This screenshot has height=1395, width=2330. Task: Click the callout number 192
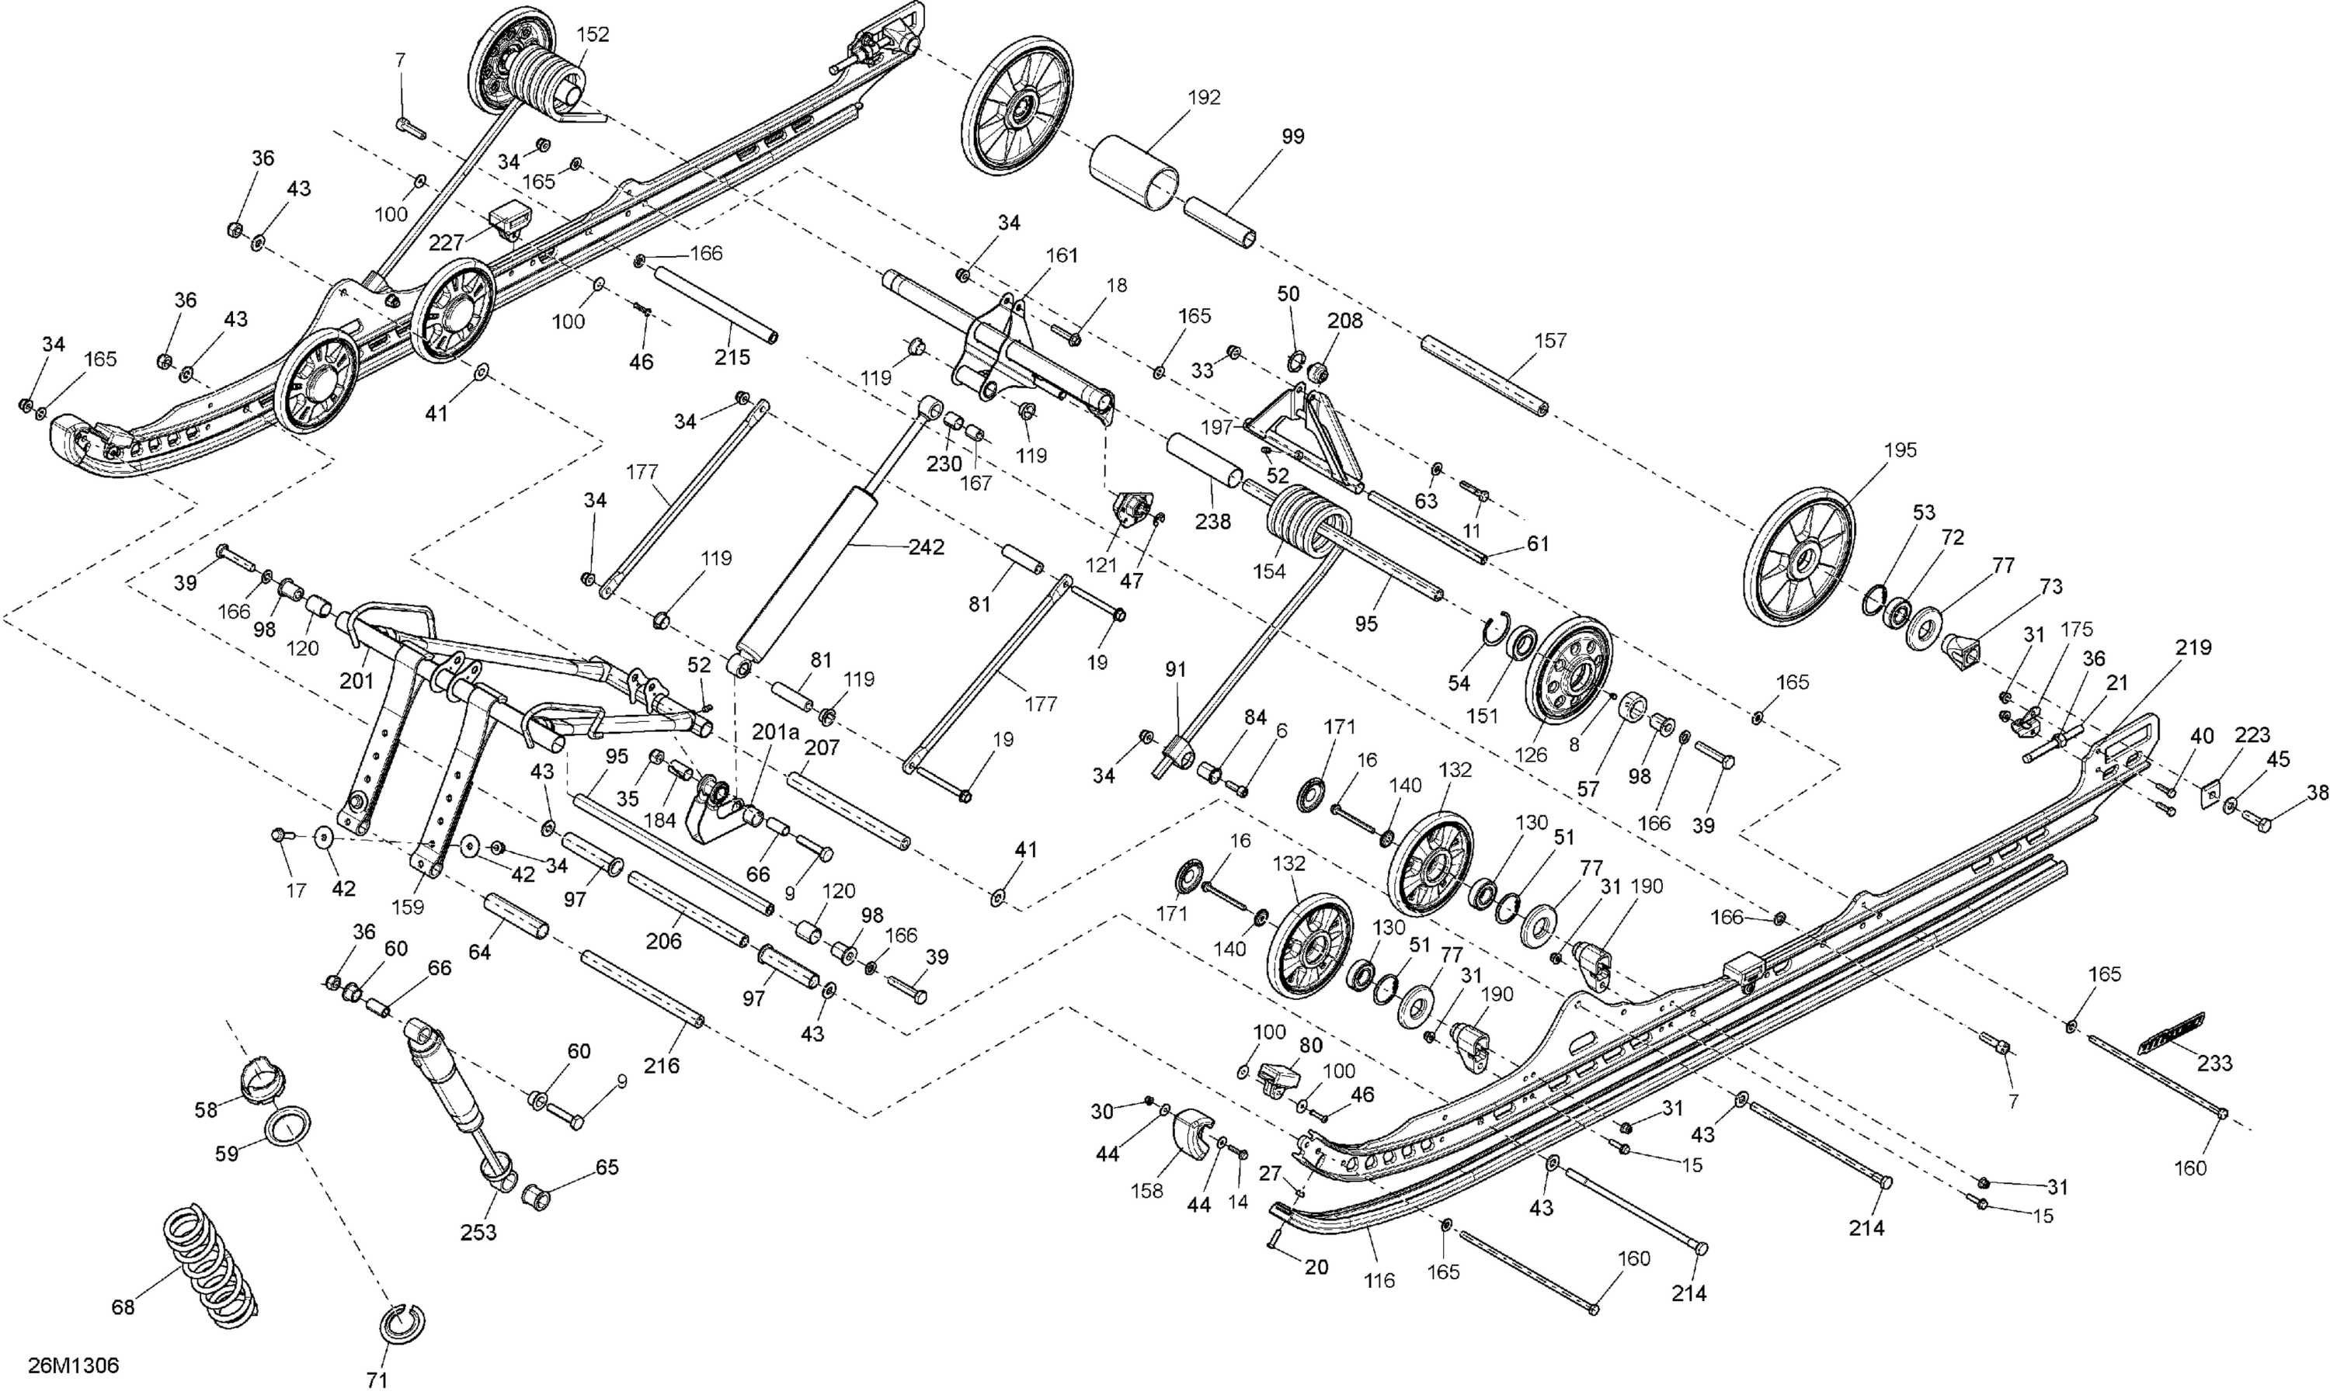1204,98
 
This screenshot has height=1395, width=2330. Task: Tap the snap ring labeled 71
402,1324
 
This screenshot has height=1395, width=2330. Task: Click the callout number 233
2213,1064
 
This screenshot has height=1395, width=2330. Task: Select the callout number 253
478,1233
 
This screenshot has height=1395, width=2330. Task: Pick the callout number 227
447,242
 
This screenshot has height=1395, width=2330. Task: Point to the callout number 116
1379,1280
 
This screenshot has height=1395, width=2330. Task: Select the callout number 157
1550,340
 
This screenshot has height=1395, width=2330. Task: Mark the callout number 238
1212,522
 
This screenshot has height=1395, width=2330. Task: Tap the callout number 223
2252,735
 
